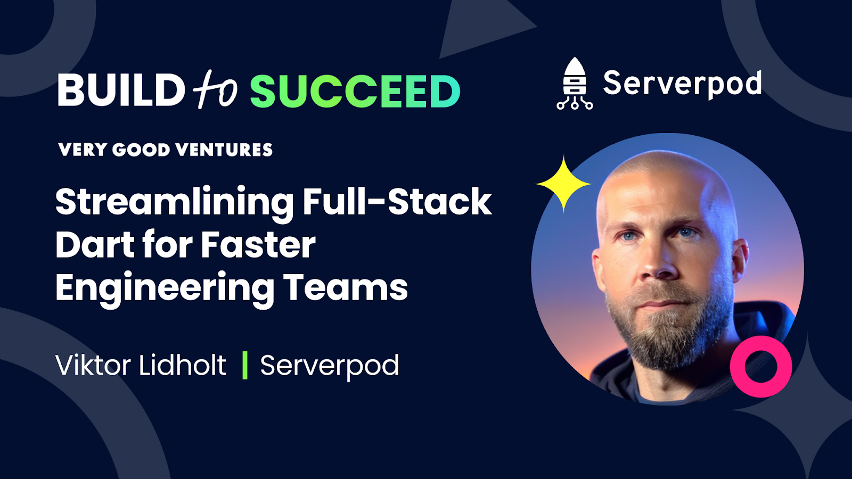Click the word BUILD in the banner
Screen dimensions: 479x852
121,90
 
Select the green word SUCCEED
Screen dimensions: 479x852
355,91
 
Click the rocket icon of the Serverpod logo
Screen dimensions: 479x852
575,84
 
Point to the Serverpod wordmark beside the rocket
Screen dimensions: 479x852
682,84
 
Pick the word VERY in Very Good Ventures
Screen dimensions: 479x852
83,150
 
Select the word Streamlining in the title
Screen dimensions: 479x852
175,202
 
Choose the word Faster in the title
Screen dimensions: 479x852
258,245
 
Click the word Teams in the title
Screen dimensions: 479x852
346,287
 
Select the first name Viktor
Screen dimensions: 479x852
93,366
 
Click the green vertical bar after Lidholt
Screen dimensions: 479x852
245,365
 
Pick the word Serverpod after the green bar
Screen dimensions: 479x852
330,366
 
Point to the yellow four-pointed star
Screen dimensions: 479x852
563,184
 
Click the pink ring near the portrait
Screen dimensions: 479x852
761,366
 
